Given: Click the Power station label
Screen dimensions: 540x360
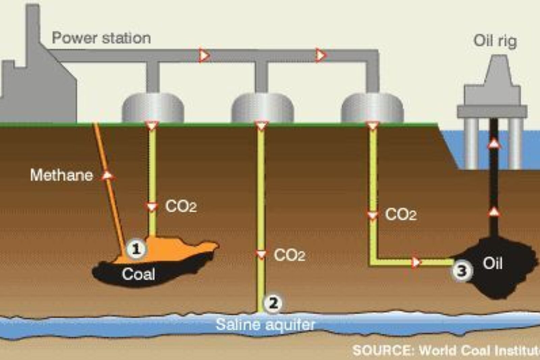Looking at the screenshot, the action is click(101, 38).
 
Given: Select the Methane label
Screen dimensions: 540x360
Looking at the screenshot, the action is click(61, 175).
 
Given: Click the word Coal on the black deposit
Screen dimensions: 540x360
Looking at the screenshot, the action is click(138, 274).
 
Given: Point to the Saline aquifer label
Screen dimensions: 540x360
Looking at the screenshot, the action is click(265, 325).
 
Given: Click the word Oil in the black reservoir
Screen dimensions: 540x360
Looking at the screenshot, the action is click(493, 263).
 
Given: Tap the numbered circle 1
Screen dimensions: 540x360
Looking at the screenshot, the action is click(136, 249).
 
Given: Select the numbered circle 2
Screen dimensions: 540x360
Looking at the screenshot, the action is click(273, 304).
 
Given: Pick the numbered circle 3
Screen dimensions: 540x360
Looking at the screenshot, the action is click(462, 271).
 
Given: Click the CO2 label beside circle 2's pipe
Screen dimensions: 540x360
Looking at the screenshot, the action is click(290, 255).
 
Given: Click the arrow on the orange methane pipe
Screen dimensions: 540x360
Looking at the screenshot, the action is click(108, 175).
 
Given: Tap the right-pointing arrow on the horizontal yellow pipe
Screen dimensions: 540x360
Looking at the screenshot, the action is click(415, 262).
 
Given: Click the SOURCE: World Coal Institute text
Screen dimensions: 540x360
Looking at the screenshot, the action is click(446, 350).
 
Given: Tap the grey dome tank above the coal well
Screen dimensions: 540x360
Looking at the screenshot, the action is click(153, 108).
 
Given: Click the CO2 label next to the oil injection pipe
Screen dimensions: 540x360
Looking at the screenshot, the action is click(401, 214).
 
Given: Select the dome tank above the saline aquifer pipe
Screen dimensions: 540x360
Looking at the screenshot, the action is click(263, 108).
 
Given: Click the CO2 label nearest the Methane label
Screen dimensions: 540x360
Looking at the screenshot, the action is click(181, 206).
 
